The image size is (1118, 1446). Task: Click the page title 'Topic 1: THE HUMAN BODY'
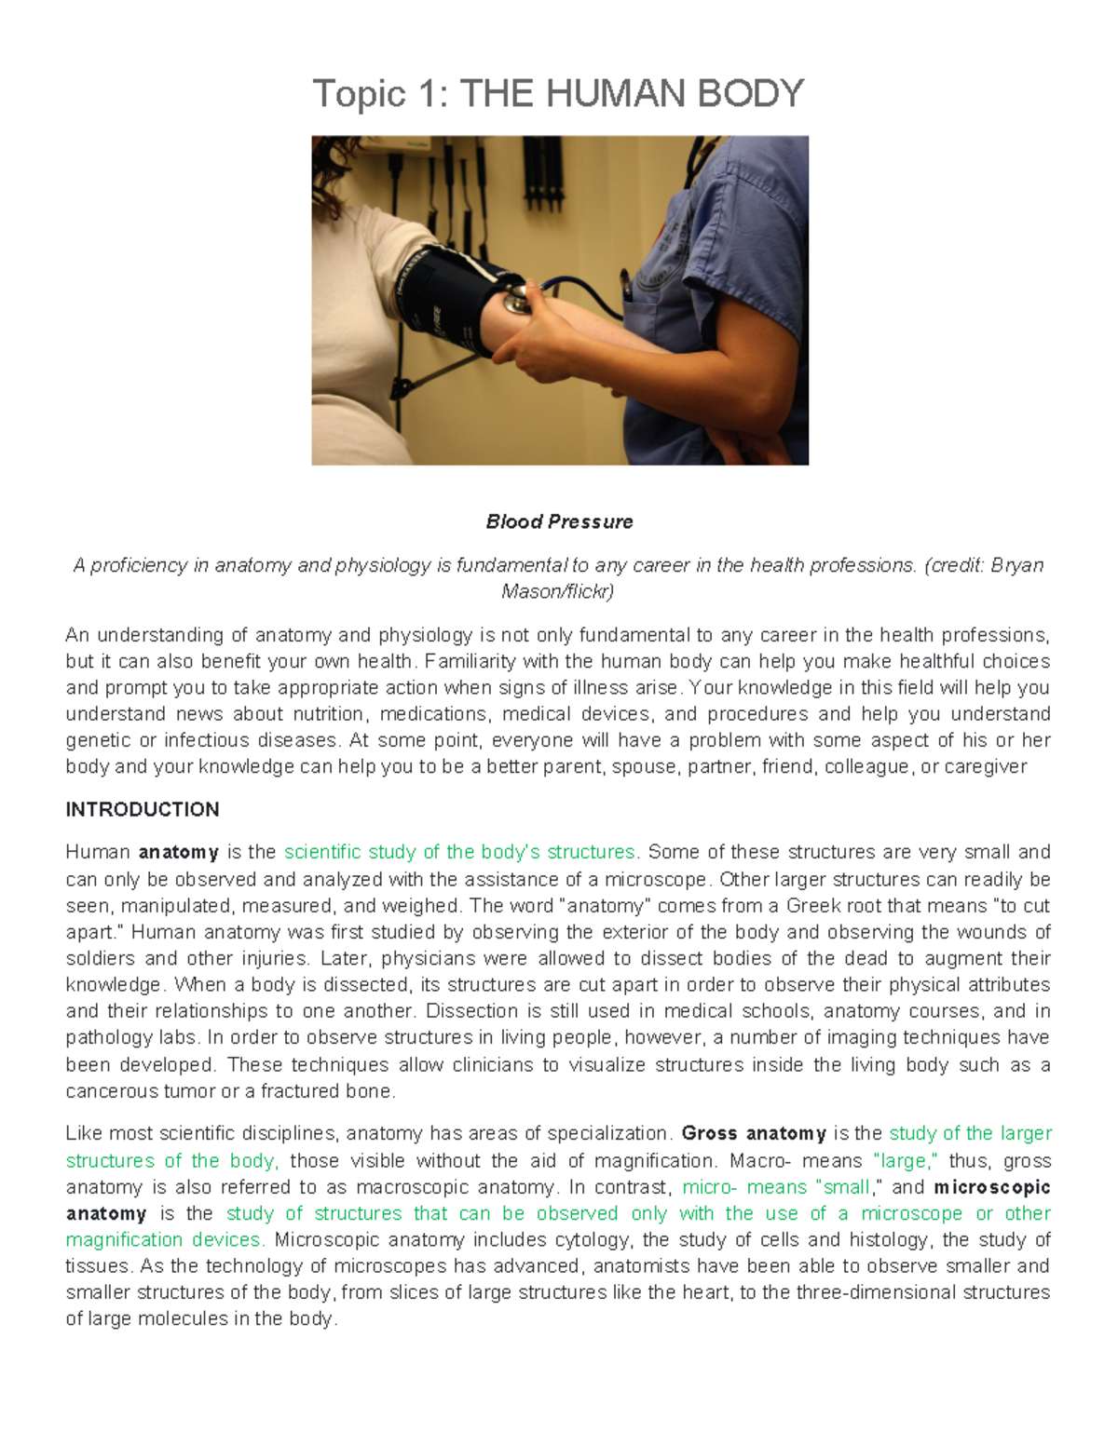(x=558, y=94)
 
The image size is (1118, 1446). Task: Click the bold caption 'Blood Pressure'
(x=559, y=521)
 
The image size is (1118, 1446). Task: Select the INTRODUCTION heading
(x=143, y=809)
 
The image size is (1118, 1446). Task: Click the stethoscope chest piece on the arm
(x=513, y=300)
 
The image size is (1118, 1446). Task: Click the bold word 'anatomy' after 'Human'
(x=179, y=852)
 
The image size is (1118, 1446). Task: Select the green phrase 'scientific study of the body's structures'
(x=460, y=852)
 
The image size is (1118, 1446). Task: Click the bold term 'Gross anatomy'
(x=754, y=1133)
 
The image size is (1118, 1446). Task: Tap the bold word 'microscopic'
(x=992, y=1187)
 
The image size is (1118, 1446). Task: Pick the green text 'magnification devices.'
(x=165, y=1239)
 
